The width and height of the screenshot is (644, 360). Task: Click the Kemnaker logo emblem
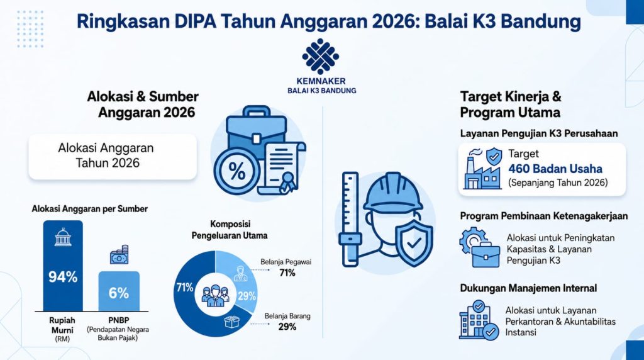point(320,56)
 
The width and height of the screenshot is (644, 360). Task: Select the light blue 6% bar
point(119,291)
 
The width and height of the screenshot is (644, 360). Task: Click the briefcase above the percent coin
point(257,132)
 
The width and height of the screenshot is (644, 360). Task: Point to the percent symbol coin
point(237,171)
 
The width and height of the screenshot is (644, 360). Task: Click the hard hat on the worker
point(393,192)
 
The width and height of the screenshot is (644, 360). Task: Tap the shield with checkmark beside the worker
point(414,243)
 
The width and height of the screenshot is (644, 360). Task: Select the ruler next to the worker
point(350,219)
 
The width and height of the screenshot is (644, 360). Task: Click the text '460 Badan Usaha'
point(555,169)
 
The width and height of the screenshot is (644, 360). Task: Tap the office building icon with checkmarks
point(479,320)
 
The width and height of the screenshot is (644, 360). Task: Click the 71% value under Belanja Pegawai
point(287,273)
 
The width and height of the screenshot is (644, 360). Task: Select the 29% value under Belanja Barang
point(287,327)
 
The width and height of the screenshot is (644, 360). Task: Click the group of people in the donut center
point(215,295)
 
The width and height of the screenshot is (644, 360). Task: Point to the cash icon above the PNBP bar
point(119,255)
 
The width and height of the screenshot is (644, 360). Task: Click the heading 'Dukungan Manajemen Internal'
point(528,288)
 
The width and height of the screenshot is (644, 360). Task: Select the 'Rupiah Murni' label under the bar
point(62,325)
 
